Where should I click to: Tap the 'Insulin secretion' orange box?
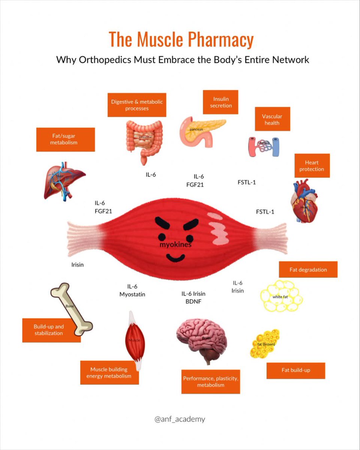[x=220, y=102]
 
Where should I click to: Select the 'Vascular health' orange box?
[x=272, y=119]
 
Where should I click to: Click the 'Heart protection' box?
[x=312, y=165]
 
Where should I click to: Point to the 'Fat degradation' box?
[x=308, y=269]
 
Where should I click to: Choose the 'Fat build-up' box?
[x=296, y=370]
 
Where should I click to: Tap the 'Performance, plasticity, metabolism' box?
[x=210, y=381]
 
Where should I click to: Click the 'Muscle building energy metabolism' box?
[x=109, y=372]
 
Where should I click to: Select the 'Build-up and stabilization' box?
[x=51, y=330]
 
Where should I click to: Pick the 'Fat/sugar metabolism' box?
[x=65, y=139]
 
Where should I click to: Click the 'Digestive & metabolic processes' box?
[x=137, y=105]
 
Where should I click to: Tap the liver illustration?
[x=63, y=181]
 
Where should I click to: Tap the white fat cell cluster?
[x=281, y=296]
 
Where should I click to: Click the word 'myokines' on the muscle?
[x=175, y=245]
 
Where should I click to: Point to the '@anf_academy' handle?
[x=180, y=419]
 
